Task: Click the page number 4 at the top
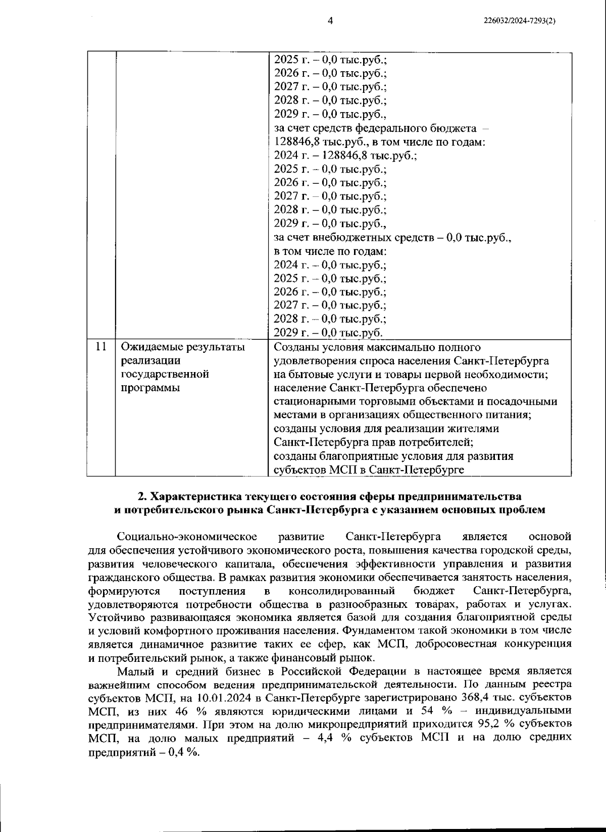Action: click(x=330, y=21)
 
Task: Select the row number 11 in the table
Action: click(x=101, y=347)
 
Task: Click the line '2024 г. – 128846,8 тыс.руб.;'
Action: click(x=345, y=155)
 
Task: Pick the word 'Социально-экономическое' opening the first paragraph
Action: click(x=187, y=536)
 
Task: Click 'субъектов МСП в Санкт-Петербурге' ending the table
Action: click(x=369, y=470)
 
